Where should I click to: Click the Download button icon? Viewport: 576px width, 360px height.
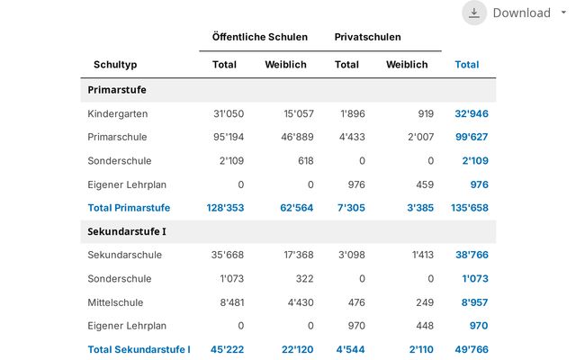[474, 13]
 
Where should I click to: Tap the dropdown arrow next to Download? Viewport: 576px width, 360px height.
[563, 13]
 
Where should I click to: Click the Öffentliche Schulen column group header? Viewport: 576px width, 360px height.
[260, 37]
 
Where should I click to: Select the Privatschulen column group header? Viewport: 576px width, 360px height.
[367, 37]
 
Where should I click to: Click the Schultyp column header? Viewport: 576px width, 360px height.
[115, 65]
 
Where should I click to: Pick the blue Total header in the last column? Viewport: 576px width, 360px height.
[467, 65]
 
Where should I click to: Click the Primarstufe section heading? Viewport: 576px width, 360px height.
[117, 90]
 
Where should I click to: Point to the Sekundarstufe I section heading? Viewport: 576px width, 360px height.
[127, 231]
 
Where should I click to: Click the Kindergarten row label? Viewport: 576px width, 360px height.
[118, 114]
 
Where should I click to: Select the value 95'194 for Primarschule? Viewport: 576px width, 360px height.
[229, 137]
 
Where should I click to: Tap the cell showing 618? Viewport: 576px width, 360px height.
[306, 160]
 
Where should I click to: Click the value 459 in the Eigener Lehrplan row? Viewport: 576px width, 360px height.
[425, 184]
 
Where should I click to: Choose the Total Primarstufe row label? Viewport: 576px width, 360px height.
[129, 208]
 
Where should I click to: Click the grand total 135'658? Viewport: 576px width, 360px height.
[470, 208]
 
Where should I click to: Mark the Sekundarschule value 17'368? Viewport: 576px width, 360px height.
[299, 255]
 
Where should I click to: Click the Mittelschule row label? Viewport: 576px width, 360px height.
[115, 302]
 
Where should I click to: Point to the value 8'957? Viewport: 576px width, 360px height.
[474, 302]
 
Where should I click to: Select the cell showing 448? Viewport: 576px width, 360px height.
[425, 326]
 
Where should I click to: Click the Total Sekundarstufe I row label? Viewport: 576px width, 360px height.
[139, 349]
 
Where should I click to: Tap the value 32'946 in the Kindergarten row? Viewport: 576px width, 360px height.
[472, 114]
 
